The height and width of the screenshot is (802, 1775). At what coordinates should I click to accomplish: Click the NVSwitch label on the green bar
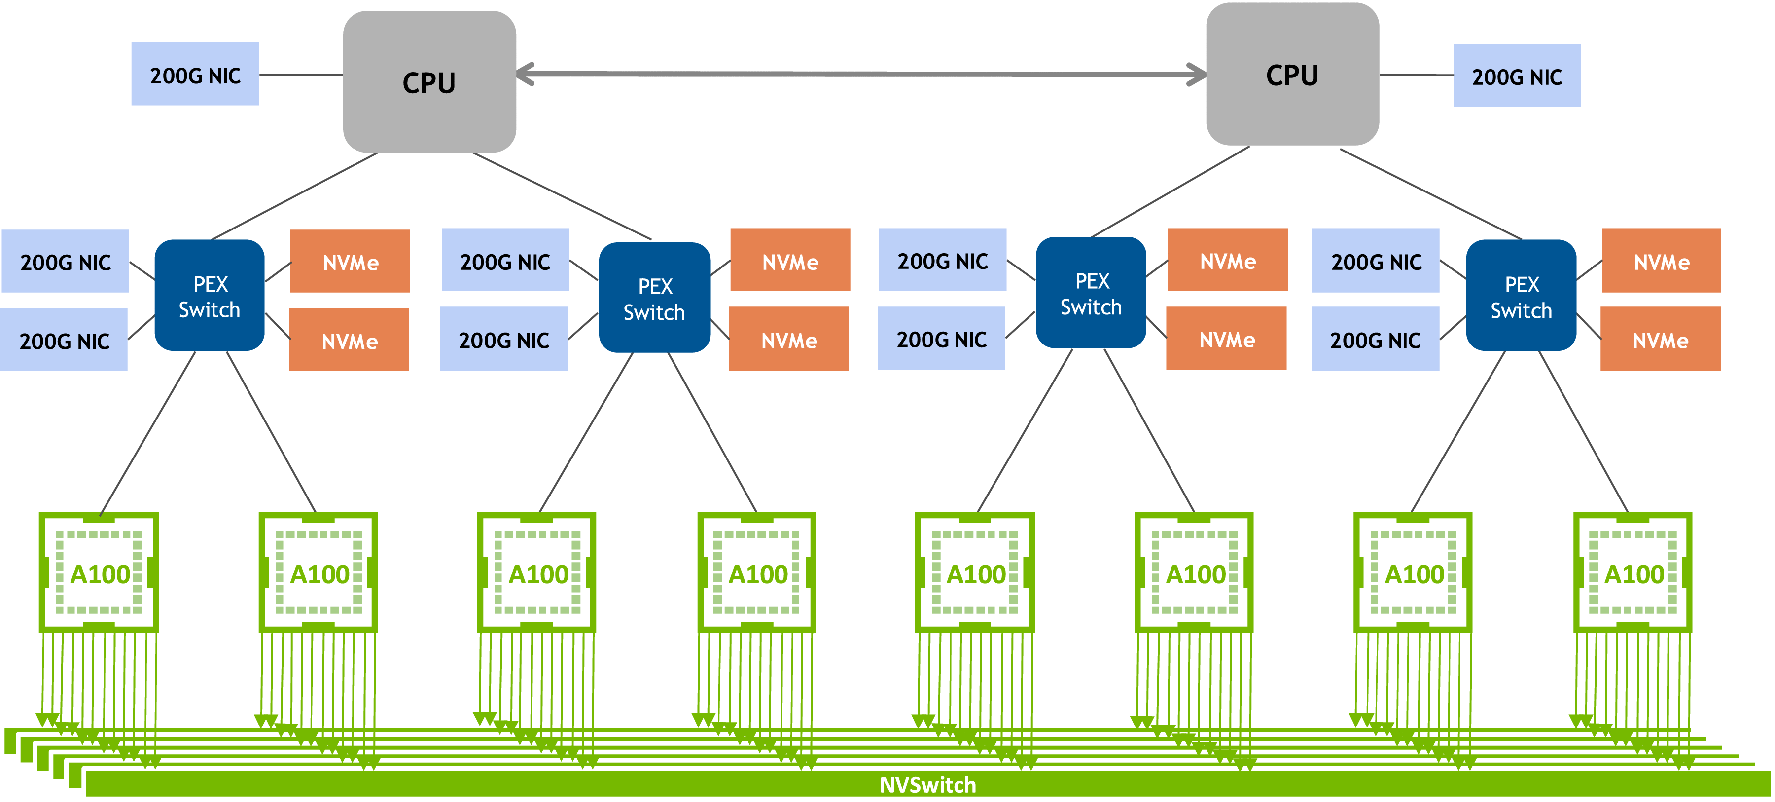[x=927, y=785]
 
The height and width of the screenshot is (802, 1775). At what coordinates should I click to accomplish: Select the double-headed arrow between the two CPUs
[x=861, y=74]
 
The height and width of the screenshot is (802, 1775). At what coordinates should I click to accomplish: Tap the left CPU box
[x=429, y=81]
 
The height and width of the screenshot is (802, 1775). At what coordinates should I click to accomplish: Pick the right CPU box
[x=1293, y=74]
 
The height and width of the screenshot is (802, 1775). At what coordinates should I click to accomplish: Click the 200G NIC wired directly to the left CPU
[x=195, y=74]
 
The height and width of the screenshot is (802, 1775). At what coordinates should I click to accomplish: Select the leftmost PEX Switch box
[x=210, y=295]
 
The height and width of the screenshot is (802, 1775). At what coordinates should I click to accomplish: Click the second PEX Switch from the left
[x=655, y=297]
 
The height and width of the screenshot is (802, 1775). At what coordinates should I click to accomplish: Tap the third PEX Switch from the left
[x=1091, y=292]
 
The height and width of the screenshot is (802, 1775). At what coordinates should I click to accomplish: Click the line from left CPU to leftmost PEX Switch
[x=295, y=196]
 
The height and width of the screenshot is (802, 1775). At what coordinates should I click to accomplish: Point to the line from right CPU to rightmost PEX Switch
[x=1430, y=194]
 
